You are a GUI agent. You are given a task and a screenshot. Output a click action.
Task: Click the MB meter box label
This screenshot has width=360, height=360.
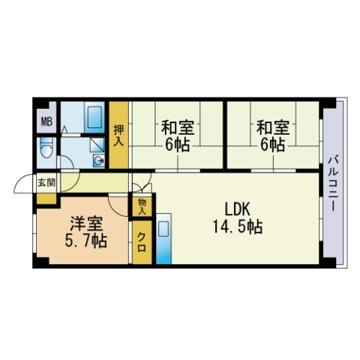[46, 122]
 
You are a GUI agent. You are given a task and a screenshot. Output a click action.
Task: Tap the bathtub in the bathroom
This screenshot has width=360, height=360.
[94, 118]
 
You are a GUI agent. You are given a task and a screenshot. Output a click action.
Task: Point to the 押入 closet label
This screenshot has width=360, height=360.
[118, 135]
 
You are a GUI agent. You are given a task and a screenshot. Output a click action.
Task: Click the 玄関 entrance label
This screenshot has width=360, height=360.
[46, 183]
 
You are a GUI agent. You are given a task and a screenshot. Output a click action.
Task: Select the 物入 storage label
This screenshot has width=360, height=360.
[142, 206]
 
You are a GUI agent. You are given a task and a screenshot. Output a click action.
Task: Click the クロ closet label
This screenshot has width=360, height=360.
[142, 242]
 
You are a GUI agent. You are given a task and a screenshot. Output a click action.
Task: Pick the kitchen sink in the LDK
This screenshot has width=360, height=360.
[163, 229]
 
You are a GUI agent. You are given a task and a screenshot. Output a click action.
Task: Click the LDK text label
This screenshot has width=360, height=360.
[237, 209]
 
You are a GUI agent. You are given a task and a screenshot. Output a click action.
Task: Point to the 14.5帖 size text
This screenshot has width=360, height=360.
[237, 226]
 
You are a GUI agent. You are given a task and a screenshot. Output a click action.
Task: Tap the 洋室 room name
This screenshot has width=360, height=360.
[86, 223]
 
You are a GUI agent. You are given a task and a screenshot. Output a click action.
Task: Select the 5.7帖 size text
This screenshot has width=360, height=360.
[86, 241]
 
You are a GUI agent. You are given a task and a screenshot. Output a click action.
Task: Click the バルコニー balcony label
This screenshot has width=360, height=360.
[333, 184]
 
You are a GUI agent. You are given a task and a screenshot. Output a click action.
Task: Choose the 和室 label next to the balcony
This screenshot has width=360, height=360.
[273, 127]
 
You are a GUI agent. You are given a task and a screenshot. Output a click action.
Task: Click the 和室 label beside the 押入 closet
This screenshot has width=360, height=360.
[178, 127]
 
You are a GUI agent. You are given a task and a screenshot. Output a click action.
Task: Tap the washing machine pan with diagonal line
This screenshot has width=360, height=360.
[97, 145]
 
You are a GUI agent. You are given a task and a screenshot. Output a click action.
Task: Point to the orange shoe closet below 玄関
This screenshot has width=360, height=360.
[46, 199]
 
